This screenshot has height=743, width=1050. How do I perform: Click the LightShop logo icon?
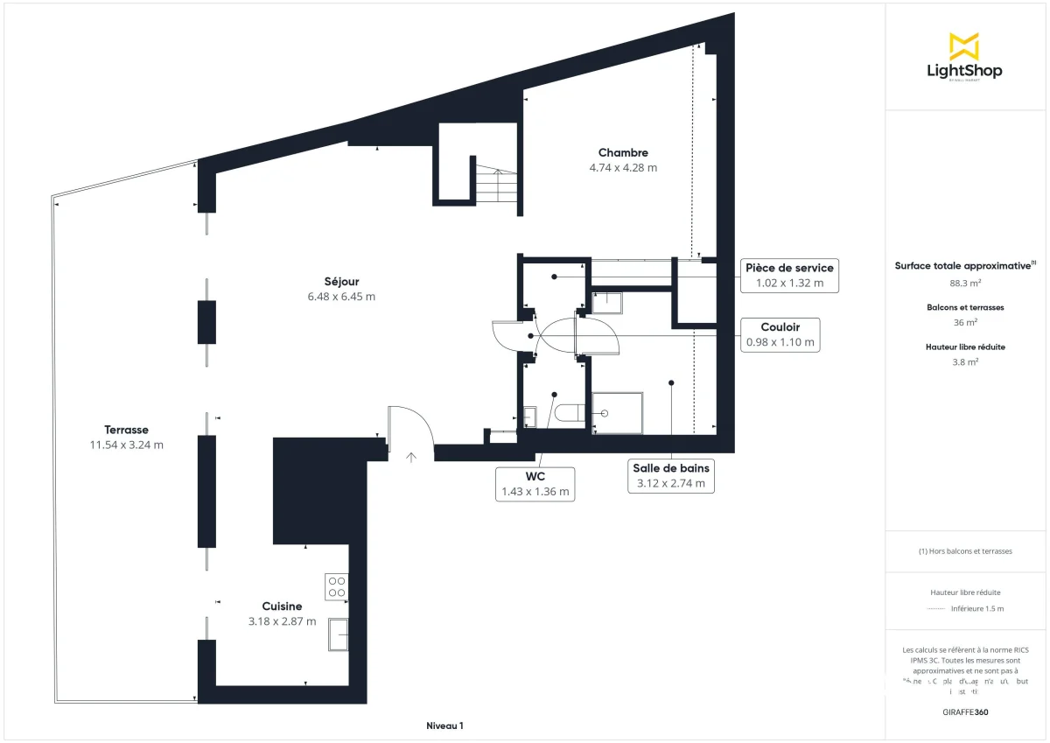964,46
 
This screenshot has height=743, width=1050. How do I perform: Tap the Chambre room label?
623,153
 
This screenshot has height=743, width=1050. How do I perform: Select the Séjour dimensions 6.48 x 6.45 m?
341,297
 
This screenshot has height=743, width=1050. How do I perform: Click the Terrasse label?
126,430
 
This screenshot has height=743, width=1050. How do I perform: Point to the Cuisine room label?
282,606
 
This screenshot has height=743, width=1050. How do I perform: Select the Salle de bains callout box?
671,475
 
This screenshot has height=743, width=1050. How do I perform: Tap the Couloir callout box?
780,334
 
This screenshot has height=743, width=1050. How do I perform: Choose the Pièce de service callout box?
788,275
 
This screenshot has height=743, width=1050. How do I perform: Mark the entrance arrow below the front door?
411,455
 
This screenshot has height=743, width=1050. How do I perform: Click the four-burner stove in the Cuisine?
337,586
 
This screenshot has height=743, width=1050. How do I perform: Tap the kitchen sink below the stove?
338,634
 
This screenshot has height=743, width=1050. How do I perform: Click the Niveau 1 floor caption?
444,725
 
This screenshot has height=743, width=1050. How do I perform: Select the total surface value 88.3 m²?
965,283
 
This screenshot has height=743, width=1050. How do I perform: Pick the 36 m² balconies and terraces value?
965,322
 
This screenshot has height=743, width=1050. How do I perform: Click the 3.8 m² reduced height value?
965,361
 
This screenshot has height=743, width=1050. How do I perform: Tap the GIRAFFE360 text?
965,712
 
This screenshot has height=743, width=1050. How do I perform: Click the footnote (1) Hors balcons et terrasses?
965,551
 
